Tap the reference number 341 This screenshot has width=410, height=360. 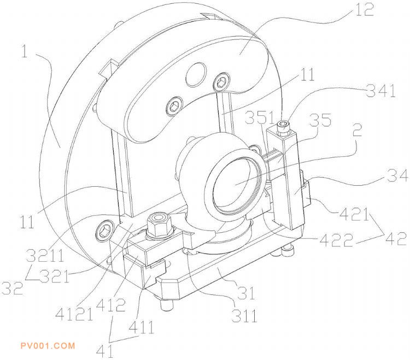380,91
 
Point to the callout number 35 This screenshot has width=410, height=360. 320,120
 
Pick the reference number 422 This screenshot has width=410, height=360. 336,240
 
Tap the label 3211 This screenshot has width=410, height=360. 45,256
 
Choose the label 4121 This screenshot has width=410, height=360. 74,314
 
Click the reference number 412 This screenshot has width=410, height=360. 110,304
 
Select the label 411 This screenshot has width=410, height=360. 141,327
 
